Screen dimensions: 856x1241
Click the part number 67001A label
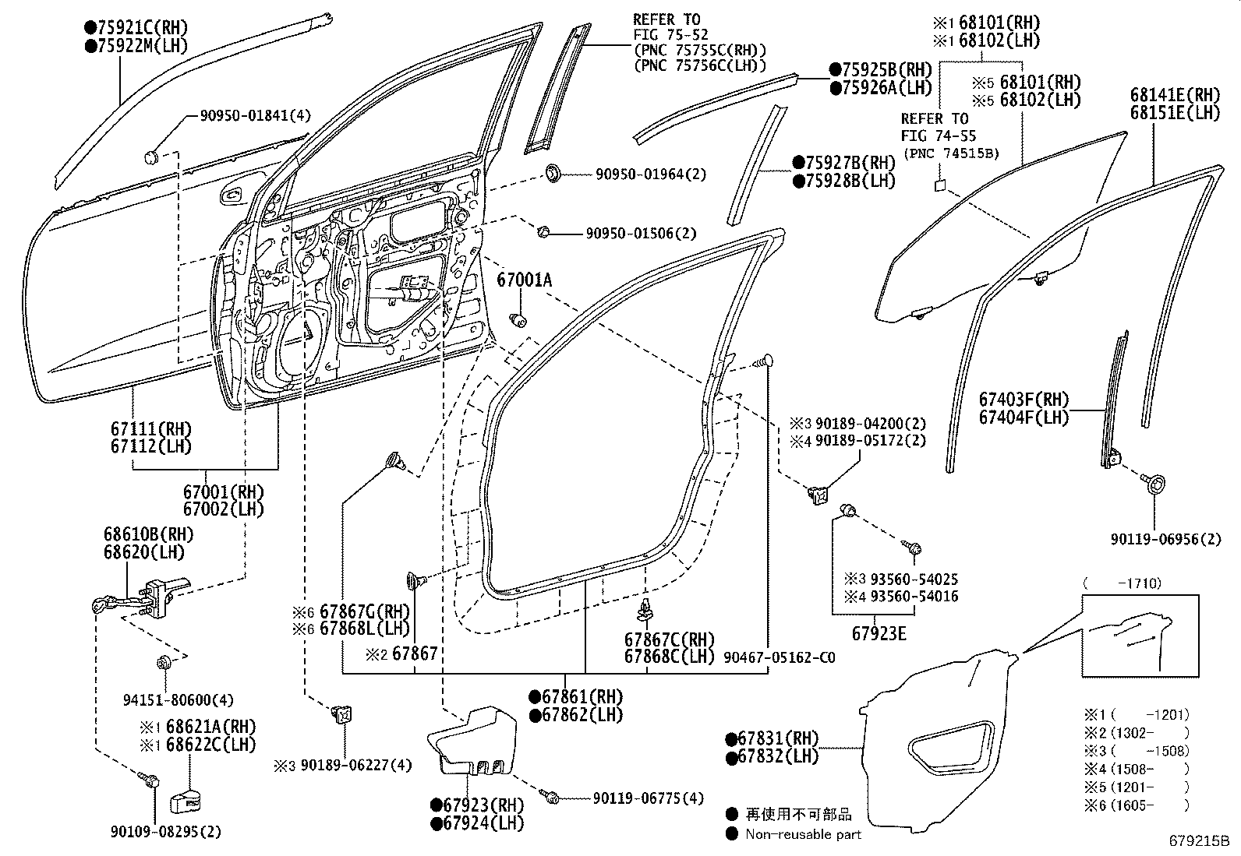pos(524,278)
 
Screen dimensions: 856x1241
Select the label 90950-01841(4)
pos(255,115)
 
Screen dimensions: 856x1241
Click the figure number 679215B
pos(1198,841)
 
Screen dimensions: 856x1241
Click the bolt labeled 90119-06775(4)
pos(552,798)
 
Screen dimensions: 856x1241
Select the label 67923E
pos(879,633)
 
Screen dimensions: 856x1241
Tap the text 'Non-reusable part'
pos(803,834)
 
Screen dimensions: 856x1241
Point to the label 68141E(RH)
pos(1175,94)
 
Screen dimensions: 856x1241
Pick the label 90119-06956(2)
pos(1166,539)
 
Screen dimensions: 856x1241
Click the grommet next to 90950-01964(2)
pos(553,173)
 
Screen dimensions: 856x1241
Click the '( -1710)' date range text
pos(1123,583)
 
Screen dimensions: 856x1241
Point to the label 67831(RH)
pos(772,738)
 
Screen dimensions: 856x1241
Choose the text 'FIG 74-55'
pos(939,136)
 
